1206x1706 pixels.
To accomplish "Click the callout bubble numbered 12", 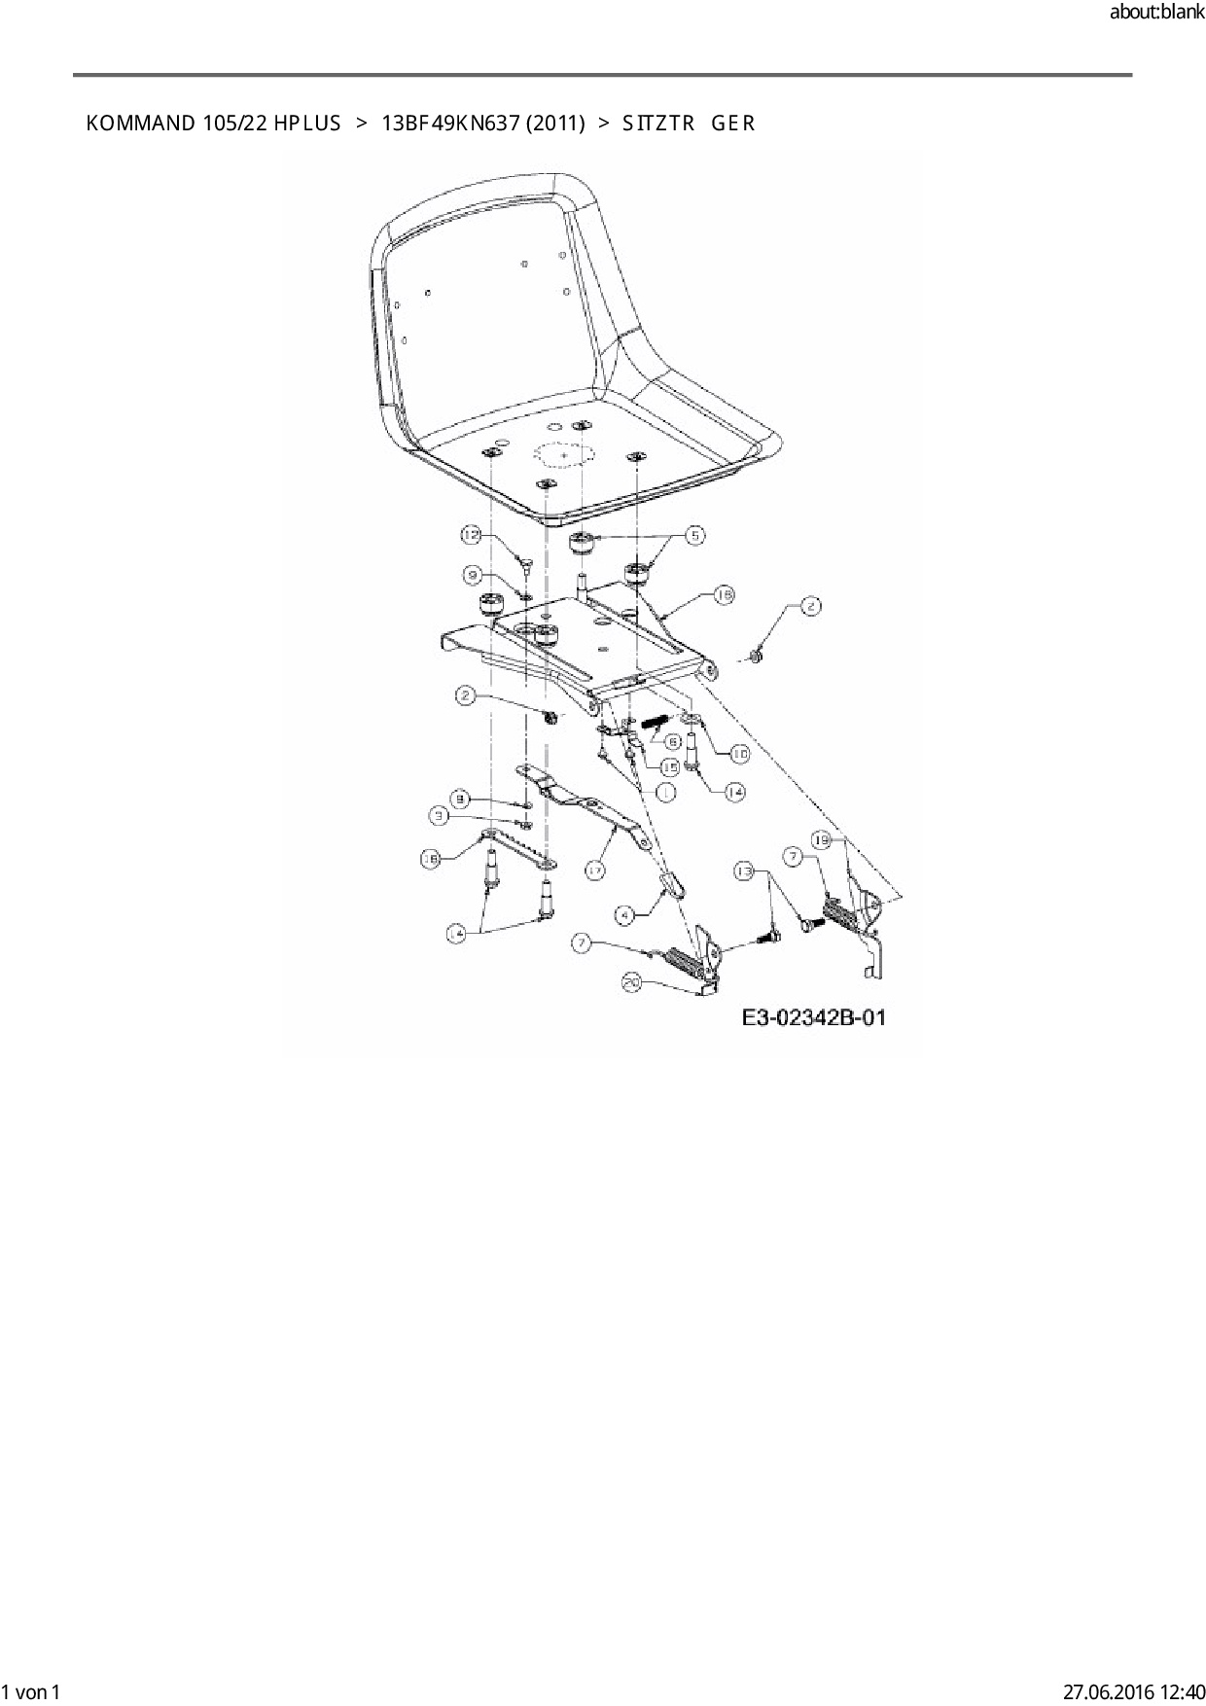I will [472, 535].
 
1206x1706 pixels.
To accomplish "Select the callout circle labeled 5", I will [694, 534].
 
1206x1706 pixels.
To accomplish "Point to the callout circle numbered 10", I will [739, 753].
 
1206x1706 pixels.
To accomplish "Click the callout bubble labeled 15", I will [669, 767].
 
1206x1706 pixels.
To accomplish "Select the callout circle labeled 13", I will [745, 871].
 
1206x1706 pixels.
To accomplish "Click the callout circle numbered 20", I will [632, 983].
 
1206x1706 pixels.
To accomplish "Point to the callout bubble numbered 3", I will [441, 816].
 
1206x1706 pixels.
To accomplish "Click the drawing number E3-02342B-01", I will [813, 1018].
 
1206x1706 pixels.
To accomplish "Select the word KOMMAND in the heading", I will [140, 124].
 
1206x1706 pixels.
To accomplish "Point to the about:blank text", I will [1156, 13].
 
